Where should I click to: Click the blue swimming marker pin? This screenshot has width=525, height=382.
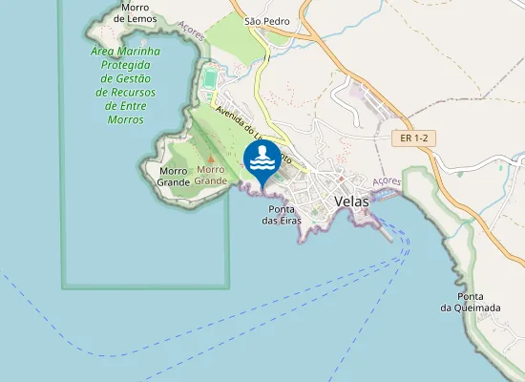tap(262, 159)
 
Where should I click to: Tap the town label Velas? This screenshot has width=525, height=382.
tap(352, 202)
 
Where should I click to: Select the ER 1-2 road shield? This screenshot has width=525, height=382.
tap(412, 138)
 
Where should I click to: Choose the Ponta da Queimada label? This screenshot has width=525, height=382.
tap(471, 302)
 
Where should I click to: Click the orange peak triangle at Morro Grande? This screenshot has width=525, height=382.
tap(211, 159)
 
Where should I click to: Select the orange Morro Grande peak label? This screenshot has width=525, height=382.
tap(211, 175)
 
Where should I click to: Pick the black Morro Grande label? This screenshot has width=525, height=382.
tap(174, 176)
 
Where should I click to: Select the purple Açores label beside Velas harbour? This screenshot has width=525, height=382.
tap(387, 180)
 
